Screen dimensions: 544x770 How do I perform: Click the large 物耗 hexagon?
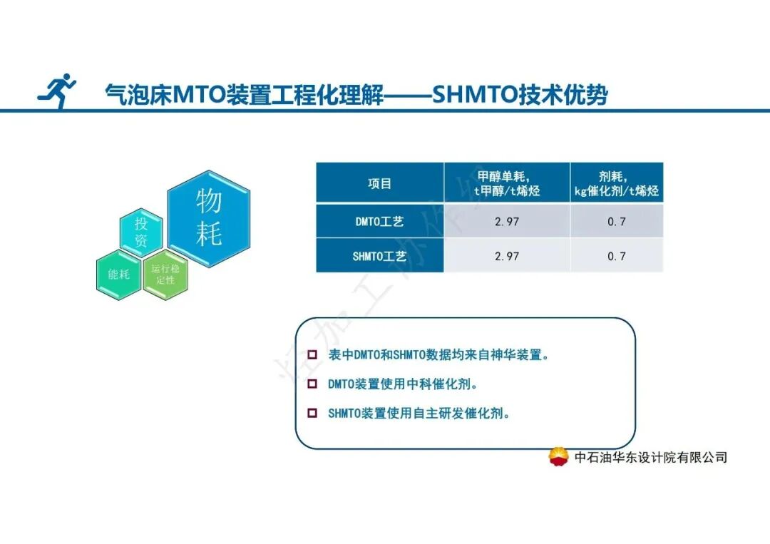[209, 218]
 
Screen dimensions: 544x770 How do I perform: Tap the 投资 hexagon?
[140, 232]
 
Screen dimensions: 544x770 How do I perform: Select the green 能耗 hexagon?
[119, 274]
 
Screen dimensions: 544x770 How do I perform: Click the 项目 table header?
[379, 183]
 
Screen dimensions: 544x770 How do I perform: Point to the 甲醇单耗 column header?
[507, 183]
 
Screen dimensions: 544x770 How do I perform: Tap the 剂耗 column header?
[616, 183]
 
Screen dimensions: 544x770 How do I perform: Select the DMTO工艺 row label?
[379, 222]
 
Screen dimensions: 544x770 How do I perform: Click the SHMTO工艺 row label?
[379, 256]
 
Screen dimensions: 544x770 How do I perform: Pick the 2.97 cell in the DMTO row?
[507, 222]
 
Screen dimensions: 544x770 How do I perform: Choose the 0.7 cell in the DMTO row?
[616, 222]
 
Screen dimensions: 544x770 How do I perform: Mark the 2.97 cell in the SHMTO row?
[507, 256]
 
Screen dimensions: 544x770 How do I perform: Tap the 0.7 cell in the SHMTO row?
[616, 256]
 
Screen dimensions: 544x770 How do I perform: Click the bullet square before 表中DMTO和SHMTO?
[312, 355]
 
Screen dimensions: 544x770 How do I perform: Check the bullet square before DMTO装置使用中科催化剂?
[312, 384]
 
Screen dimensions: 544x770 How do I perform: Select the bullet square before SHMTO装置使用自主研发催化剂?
[312, 413]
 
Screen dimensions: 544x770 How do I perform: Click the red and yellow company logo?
[559, 457]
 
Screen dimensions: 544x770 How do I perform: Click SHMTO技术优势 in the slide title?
[520, 95]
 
